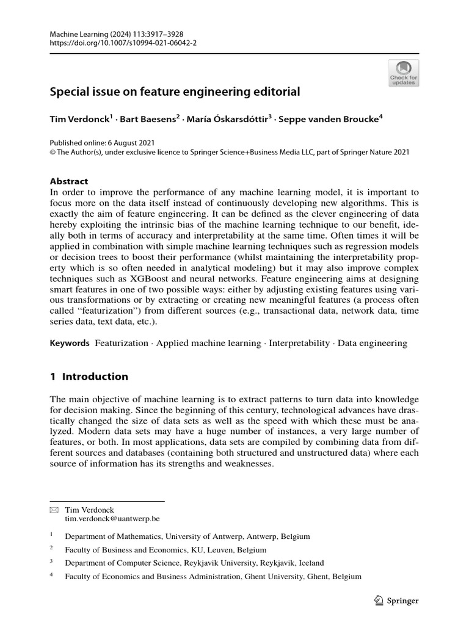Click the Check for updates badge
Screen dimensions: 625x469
[404, 73]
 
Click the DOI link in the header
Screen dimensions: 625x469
[114, 43]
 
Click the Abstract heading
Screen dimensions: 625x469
[68, 181]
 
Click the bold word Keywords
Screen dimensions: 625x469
[70, 344]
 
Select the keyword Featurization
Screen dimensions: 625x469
[122, 344]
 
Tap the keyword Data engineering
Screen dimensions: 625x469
[373, 344]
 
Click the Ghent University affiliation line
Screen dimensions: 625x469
[213, 576]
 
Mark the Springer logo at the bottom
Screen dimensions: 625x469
[395, 601]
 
